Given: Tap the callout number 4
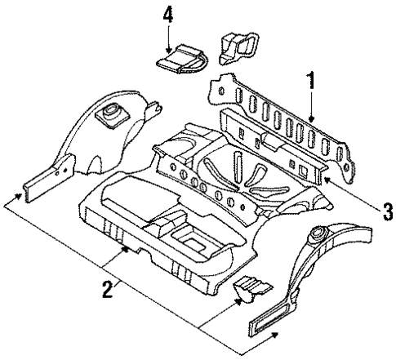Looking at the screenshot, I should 167,16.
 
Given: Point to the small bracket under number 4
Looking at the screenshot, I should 180,60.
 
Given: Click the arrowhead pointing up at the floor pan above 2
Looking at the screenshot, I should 125,251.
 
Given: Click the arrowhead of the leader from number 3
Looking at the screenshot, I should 326,177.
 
